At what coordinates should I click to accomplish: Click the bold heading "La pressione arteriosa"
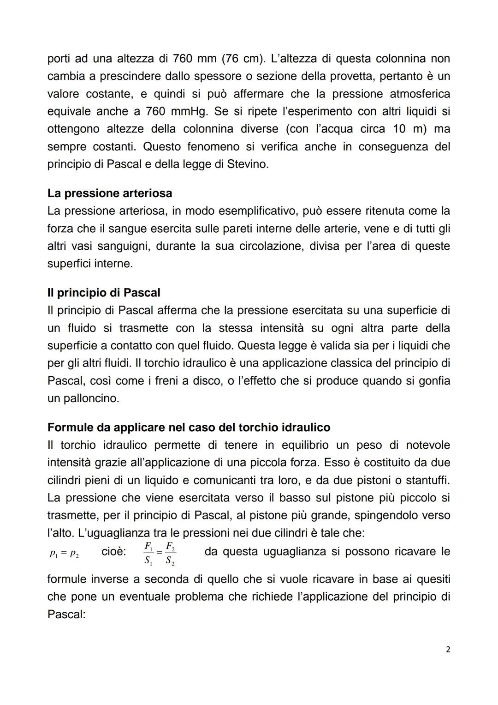click(110, 193)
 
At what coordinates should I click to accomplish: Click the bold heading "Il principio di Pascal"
click(104, 293)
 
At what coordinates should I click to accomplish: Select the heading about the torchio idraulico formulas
click(189, 428)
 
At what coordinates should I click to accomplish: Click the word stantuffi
click(427, 480)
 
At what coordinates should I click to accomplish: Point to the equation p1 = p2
click(64, 554)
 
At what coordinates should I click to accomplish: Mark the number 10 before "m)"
click(400, 129)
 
